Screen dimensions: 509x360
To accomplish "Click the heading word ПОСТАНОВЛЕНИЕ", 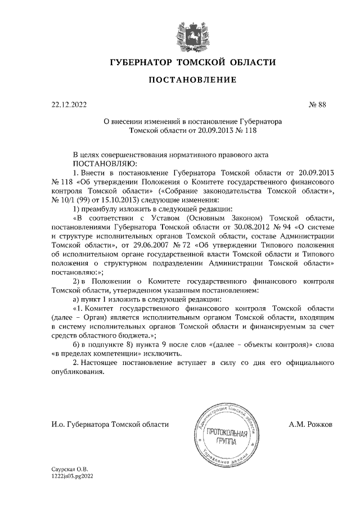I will [192, 81].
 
